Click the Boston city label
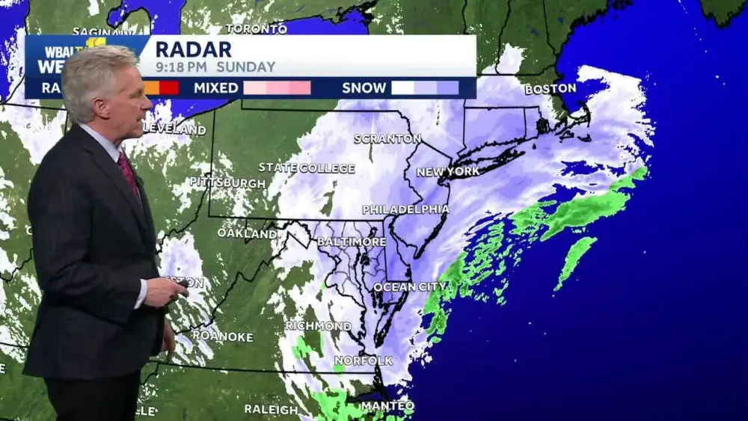click(550, 88)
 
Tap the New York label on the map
click(447, 171)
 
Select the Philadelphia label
click(405, 209)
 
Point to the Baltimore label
click(352, 242)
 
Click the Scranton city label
click(387, 138)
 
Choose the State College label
click(307, 168)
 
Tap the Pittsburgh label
click(227, 182)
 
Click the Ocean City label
click(409, 286)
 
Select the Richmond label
click(318, 326)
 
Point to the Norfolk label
click(364, 360)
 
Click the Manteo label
click(387, 405)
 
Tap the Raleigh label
click(271, 409)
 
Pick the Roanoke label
click(222, 336)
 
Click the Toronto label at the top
click(256, 29)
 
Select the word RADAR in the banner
click(194, 49)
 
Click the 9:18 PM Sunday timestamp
click(215, 67)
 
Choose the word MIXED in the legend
click(215, 87)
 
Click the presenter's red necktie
click(128, 173)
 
